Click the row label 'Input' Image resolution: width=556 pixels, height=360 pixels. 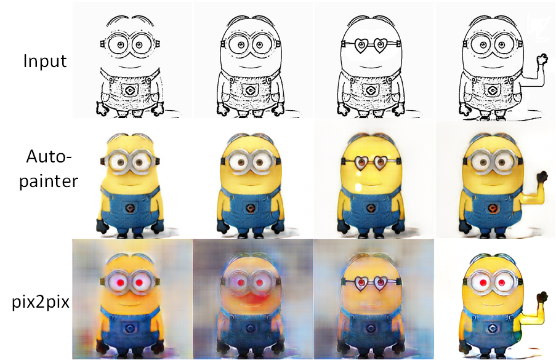pyautogui.click(x=45, y=62)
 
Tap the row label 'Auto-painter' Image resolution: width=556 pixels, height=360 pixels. pyautogui.click(x=49, y=169)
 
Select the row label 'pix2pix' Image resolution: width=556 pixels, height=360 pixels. pyautogui.click(x=41, y=302)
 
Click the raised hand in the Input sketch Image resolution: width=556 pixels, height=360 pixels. pyautogui.click(x=542, y=59)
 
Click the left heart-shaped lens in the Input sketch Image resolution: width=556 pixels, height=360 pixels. pyautogui.click(x=361, y=46)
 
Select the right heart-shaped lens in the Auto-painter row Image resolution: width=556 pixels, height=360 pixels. pyautogui.click(x=381, y=163)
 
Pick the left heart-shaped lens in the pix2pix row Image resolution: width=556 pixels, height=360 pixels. pyautogui.click(x=361, y=284)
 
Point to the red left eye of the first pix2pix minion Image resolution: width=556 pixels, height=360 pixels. pyautogui.click(x=120, y=282)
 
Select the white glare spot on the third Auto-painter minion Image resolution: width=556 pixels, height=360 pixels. pyautogui.click(x=359, y=186)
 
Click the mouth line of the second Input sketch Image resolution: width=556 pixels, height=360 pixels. pyautogui.click(x=250, y=67)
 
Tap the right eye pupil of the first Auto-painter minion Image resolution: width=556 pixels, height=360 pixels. pyautogui.click(x=139, y=162)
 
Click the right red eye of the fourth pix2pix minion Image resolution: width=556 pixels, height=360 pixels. pyautogui.click(x=501, y=282)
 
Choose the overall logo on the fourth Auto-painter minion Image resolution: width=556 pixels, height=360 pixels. pyautogui.click(x=492, y=208)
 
